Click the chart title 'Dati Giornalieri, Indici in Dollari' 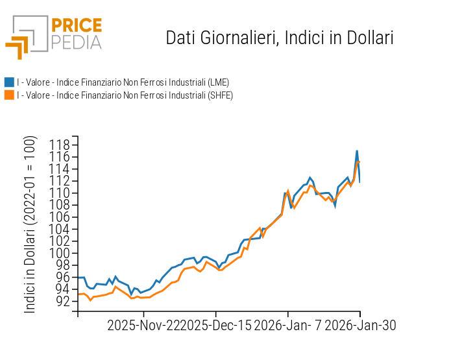click(x=280, y=38)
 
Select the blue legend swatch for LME click(x=9, y=82)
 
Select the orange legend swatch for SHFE click(x=9, y=95)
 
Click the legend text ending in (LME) click(x=123, y=82)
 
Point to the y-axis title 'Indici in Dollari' click(x=30, y=224)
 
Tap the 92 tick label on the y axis click(x=63, y=301)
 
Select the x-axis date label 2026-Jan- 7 click(x=287, y=326)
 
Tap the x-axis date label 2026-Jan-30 click(x=360, y=326)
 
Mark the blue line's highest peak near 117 click(x=357, y=151)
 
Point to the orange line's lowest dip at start click(x=90, y=300)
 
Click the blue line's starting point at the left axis click(x=79, y=278)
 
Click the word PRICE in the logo click(x=77, y=25)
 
